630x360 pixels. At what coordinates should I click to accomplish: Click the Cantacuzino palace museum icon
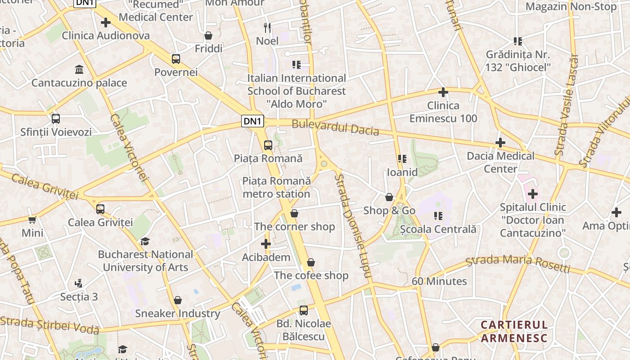[x=80, y=69]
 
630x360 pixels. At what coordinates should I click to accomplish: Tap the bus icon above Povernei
[x=175, y=58]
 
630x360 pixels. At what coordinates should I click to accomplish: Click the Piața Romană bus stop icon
[x=268, y=145]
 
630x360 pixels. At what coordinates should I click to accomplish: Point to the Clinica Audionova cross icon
[x=105, y=22]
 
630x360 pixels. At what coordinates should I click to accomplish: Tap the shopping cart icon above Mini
[x=32, y=220]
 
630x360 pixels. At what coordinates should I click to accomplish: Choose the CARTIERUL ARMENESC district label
[x=514, y=331]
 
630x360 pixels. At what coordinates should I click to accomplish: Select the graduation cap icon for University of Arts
[x=145, y=242]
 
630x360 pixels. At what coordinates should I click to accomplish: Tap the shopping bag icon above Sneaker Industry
[x=178, y=300]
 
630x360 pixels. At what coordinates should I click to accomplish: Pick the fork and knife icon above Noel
[x=267, y=27]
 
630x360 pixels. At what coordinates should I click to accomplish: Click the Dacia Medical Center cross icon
[x=500, y=143]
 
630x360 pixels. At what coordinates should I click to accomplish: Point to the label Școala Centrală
[x=438, y=229]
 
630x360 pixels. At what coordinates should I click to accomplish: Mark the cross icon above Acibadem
[x=266, y=244]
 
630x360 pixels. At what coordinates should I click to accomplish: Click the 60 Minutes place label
[x=439, y=281]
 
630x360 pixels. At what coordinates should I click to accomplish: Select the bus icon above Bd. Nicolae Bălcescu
[x=304, y=310]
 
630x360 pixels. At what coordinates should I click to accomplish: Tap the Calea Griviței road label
[x=45, y=186]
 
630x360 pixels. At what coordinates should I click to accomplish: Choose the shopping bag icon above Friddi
[x=208, y=35]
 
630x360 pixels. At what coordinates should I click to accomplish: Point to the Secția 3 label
[x=79, y=297]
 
